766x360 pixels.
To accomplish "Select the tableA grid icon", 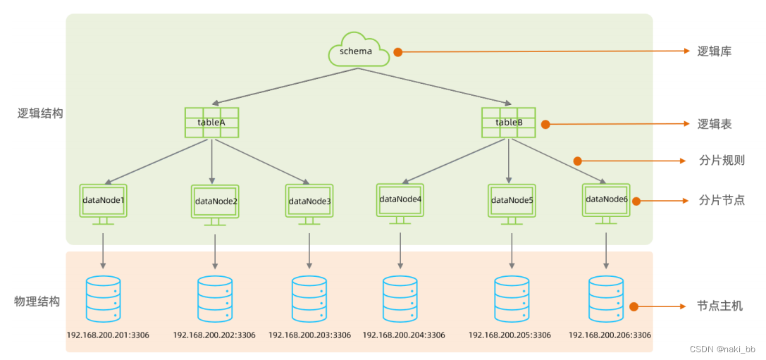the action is click(211, 122).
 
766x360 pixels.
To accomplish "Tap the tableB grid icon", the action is click(509, 122).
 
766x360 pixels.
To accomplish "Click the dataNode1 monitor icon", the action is click(103, 204).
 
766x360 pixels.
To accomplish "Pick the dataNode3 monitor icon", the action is click(309, 204).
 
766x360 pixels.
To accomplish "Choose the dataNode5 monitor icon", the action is click(512, 204).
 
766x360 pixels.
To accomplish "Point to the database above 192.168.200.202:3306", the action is click(215, 299).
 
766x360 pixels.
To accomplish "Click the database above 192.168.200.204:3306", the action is click(400, 299).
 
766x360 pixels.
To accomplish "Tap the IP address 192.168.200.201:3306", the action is click(108, 335).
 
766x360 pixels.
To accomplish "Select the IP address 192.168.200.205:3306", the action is click(509, 335).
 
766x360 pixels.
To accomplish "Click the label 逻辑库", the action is click(714, 51).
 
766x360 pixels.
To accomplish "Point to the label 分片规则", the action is click(722, 160).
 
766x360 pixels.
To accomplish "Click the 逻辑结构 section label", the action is click(40, 114).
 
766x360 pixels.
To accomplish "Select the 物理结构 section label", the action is click(37, 301).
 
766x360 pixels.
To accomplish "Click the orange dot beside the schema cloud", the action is click(397, 51).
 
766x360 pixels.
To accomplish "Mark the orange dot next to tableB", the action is click(545, 125).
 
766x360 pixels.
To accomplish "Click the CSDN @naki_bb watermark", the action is click(722, 349).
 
